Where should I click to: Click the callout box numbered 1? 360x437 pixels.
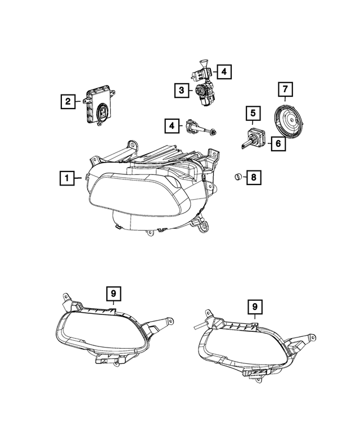pyautogui.click(x=66, y=179)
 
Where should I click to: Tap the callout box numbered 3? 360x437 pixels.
pyautogui.click(x=182, y=89)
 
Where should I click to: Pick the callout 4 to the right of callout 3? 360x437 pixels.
pyautogui.click(x=223, y=71)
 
